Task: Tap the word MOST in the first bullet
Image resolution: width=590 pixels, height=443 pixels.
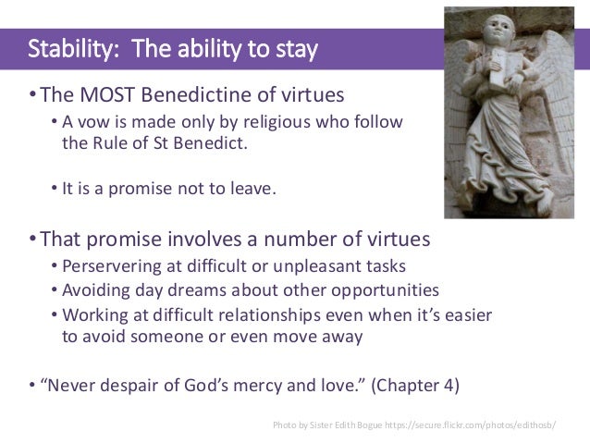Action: (93, 96)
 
